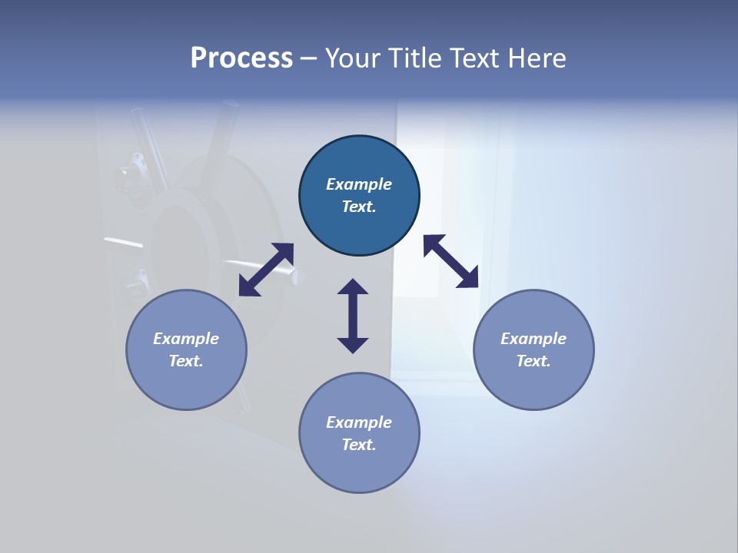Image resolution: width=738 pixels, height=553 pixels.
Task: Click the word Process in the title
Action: tap(241, 58)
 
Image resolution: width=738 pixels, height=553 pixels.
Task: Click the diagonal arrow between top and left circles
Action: tap(266, 270)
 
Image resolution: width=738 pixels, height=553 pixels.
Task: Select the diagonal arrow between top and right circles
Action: tap(451, 262)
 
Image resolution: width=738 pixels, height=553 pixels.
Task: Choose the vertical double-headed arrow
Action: tap(353, 316)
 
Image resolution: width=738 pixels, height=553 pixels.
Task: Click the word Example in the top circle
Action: tap(359, 184)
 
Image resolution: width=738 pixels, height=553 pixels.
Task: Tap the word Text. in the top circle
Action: tap(359, 207)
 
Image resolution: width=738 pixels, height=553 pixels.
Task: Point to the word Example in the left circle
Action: tap(186, 339)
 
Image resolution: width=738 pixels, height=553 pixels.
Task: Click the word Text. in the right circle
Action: tap(534, 361)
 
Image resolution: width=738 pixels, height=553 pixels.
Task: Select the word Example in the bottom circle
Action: tap(359, 422)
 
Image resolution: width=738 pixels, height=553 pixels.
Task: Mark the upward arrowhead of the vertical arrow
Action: tap(353, 287)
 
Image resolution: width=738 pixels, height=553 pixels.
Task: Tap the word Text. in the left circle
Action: tap(186, 361)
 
